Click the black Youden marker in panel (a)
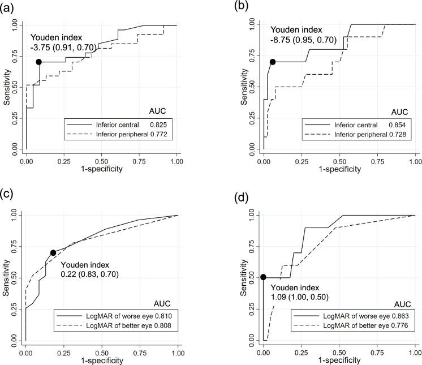coord(38,62)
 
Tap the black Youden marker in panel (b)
coord(272,62)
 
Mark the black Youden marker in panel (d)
coord(263,277)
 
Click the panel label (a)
coord(7,6)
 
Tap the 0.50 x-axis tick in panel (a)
coord(101,153)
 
